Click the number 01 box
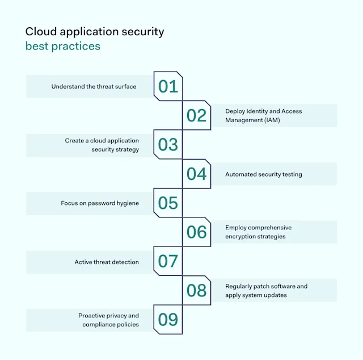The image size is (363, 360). pos(168,86)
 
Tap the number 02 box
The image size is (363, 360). pos(196,115)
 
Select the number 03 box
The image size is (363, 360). pos(168,145)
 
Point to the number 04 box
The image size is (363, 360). pos(196,174)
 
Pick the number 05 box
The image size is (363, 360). pos(168,203)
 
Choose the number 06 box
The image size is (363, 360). pos(196,232)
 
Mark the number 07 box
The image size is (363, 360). pos(168,261)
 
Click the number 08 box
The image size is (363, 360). pos(196,290)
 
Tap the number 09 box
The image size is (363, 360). pos(168,320)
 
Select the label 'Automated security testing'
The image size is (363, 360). pos(263,174)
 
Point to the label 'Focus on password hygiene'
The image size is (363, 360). pos(100,203)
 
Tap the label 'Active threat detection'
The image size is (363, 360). pos(107,262)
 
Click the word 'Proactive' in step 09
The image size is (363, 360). pos(92,316)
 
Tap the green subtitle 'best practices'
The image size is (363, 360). pos(62,46)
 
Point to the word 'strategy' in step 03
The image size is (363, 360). pos(126,150)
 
